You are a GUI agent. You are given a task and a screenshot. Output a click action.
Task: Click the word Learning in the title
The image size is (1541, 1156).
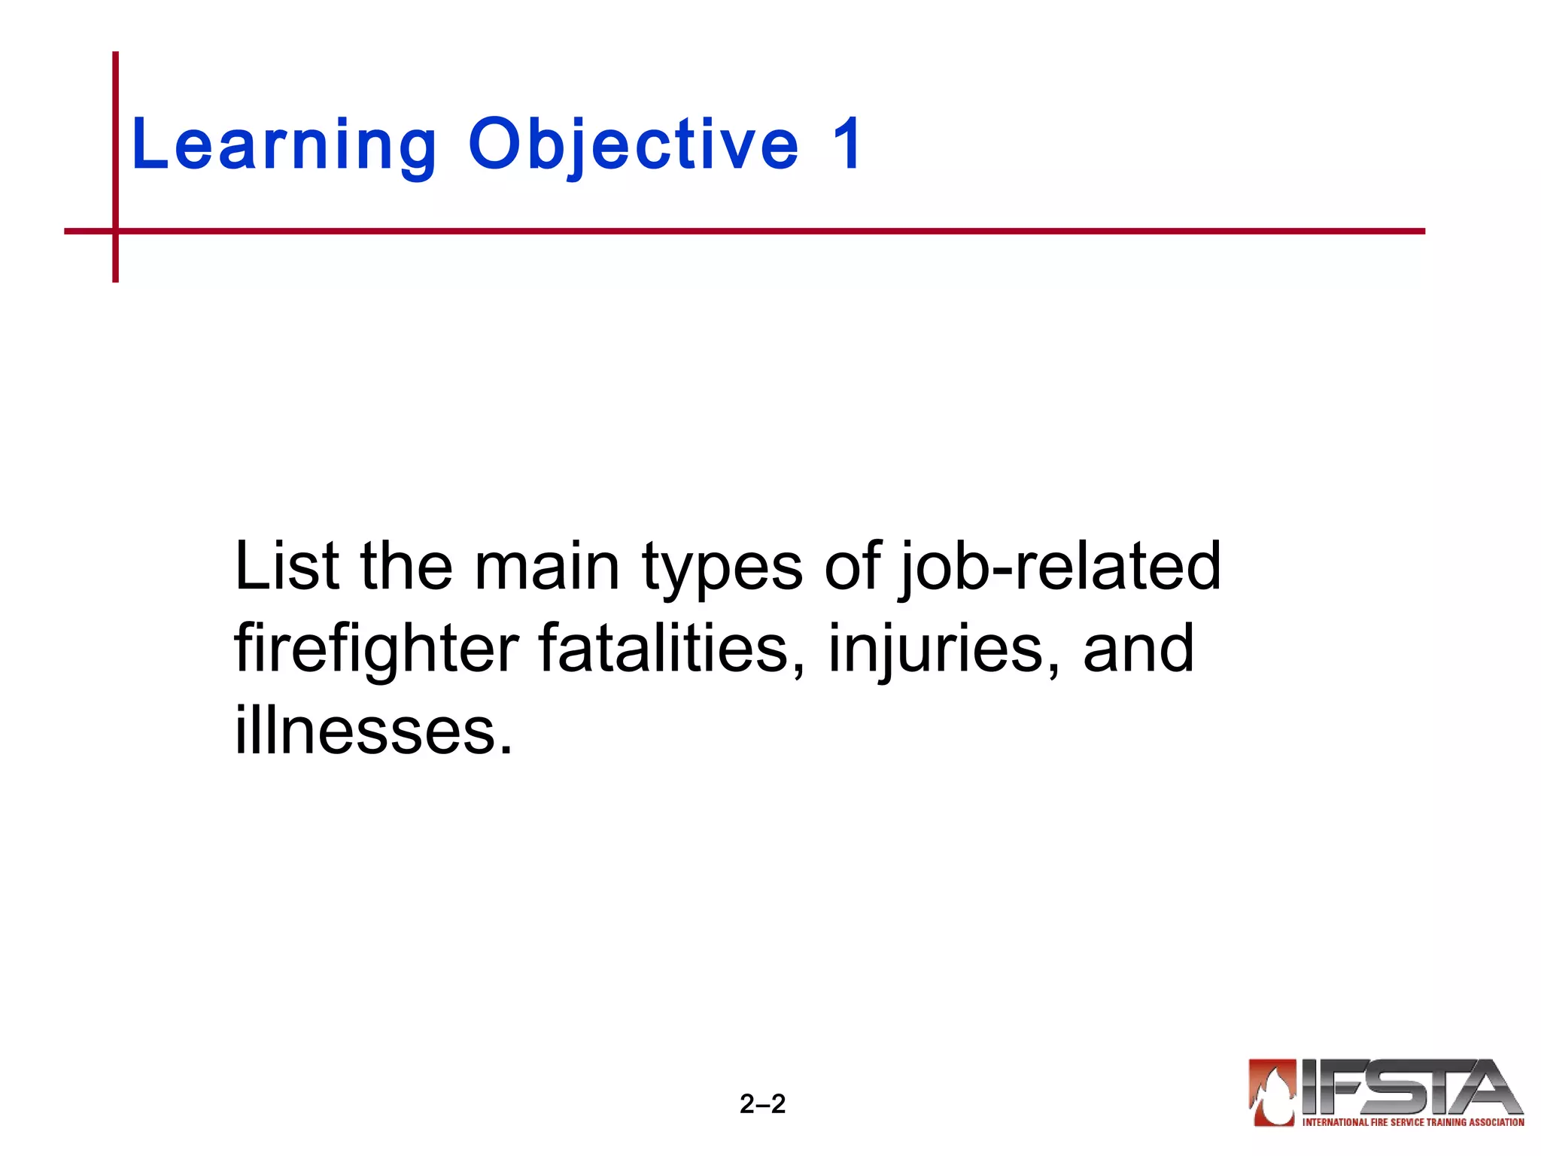pyautogui.click(x=284, y=144)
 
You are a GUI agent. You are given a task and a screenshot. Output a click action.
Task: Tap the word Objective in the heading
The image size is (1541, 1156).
pyautogui.click(x=634, y=144)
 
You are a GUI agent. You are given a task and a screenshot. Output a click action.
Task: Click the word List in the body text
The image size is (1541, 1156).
pyautogui.click(x=287, y=566)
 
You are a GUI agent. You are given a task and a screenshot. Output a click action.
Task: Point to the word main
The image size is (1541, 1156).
pyautogui.click(x=546, y=566)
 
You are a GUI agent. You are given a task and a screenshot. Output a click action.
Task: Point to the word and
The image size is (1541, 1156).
pyautogui.click(x=1138, y=649)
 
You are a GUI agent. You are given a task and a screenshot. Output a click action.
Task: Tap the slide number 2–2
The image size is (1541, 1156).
pyautogui.click(x=762, y=1104)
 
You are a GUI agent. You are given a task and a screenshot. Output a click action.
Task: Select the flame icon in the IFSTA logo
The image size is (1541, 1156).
pyautogui.click(x=1272, y=1092)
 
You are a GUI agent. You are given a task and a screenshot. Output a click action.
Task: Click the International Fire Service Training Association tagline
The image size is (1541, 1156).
pyautogui.click(x=1412, y=1122)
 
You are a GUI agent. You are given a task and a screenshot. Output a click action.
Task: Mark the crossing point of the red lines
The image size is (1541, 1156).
pyautogui.click(x=116, y=231)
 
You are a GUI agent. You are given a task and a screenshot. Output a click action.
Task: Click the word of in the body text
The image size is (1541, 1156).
pyautogui.click(x=852, y=566)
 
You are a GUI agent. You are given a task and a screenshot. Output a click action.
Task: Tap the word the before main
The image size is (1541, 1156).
pyautogui.click(x=406, y=566)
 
